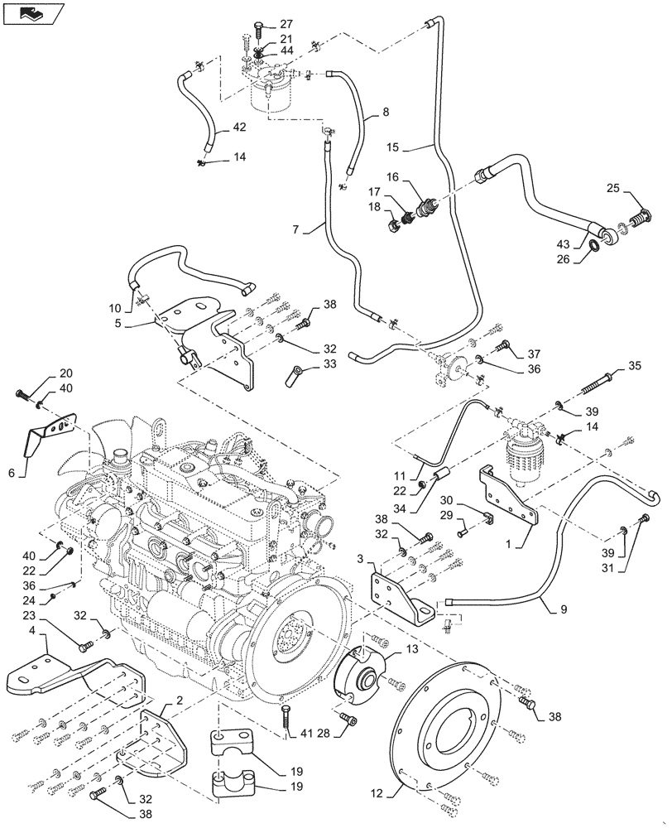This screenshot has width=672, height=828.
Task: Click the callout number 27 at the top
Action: pos(262,23)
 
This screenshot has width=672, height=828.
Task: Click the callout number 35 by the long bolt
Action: pos(635,365)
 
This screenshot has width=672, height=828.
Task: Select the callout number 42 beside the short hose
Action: pos(239,128)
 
